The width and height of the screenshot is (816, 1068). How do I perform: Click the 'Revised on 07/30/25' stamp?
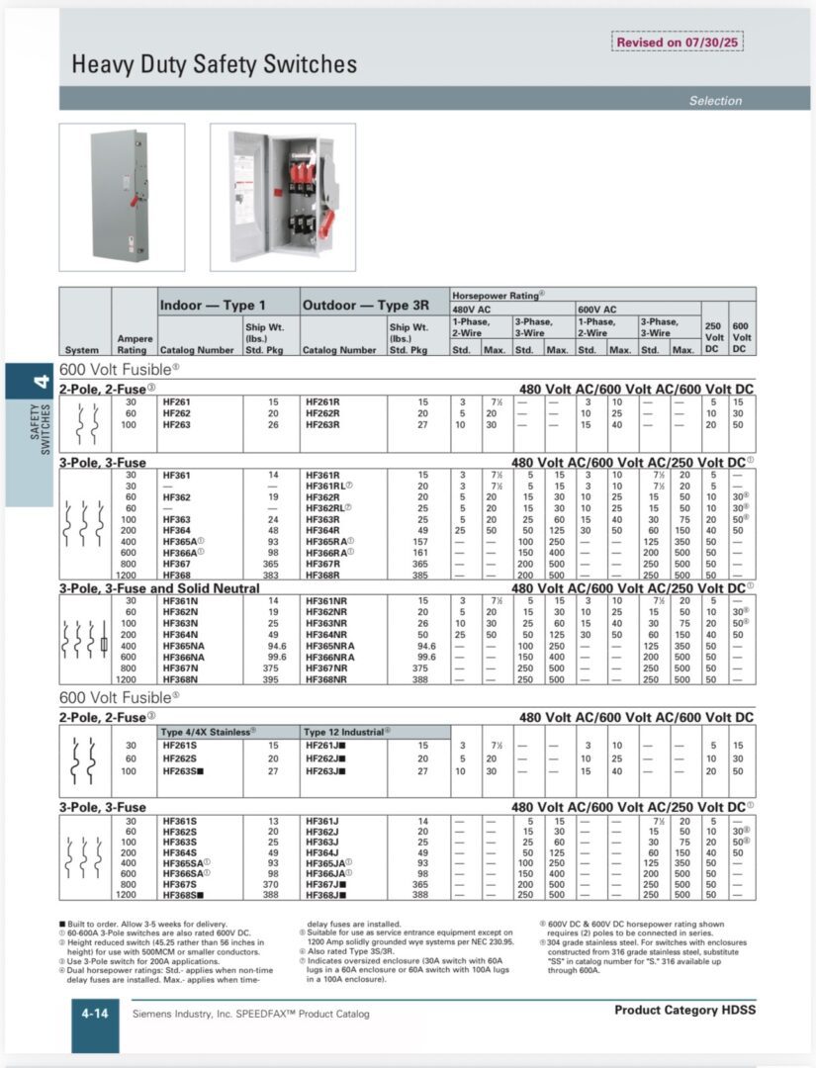point(678,43)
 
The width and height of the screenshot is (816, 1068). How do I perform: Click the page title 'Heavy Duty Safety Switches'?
point(214,65)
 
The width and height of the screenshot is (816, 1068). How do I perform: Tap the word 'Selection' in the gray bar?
point(715,100)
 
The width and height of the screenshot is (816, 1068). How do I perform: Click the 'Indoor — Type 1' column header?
point(213,306)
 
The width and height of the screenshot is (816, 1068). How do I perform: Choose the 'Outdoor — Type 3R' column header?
point(359,306)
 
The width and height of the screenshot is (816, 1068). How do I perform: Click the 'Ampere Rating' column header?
point(135,343)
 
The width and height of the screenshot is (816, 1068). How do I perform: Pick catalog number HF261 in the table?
point(177,401)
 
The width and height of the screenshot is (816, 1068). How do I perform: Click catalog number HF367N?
point(180,668)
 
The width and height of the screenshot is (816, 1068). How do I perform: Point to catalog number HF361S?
point(180,821)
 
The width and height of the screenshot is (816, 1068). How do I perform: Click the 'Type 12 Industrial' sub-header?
point(345,732)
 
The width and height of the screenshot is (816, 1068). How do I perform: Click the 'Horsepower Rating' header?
point(499,295)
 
